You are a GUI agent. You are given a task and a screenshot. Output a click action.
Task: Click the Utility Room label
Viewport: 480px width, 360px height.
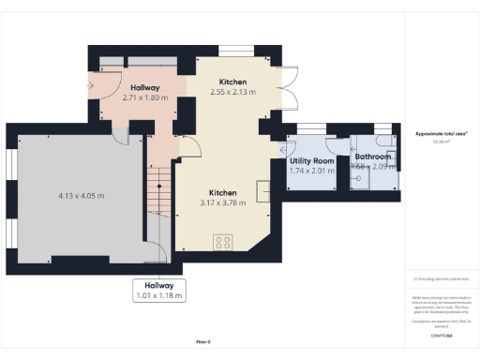pyautogui.click(x=311, y=160)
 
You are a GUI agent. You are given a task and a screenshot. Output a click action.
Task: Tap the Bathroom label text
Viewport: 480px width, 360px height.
pyautogui.click(x=372, y=157)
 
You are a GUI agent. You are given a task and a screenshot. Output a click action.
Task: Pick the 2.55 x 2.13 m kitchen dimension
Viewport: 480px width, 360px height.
pyautogui.click(x=232, y=93)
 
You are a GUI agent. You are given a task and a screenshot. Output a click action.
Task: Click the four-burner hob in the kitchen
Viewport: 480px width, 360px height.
pyautogui.click(x=224, y=241)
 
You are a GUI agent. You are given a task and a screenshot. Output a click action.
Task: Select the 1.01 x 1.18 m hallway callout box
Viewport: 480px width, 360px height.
pyautogui.click(x=158, y=291)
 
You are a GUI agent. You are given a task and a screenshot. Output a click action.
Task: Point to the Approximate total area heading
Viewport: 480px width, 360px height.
pyautogui.click(x=441, y=134)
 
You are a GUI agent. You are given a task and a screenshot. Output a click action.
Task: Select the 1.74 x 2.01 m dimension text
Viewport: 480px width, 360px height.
pyautogui.click(x=311, y=171)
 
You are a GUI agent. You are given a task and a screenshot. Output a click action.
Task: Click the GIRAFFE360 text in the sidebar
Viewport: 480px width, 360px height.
pyautogui.click(x=442, y=335)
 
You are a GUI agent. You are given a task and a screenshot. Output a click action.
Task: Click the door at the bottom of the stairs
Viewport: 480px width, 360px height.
pyautogui.click(x=158, y=251)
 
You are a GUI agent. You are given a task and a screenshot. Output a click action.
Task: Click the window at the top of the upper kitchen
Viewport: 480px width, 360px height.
pyautogui.click(x=232, y=48)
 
